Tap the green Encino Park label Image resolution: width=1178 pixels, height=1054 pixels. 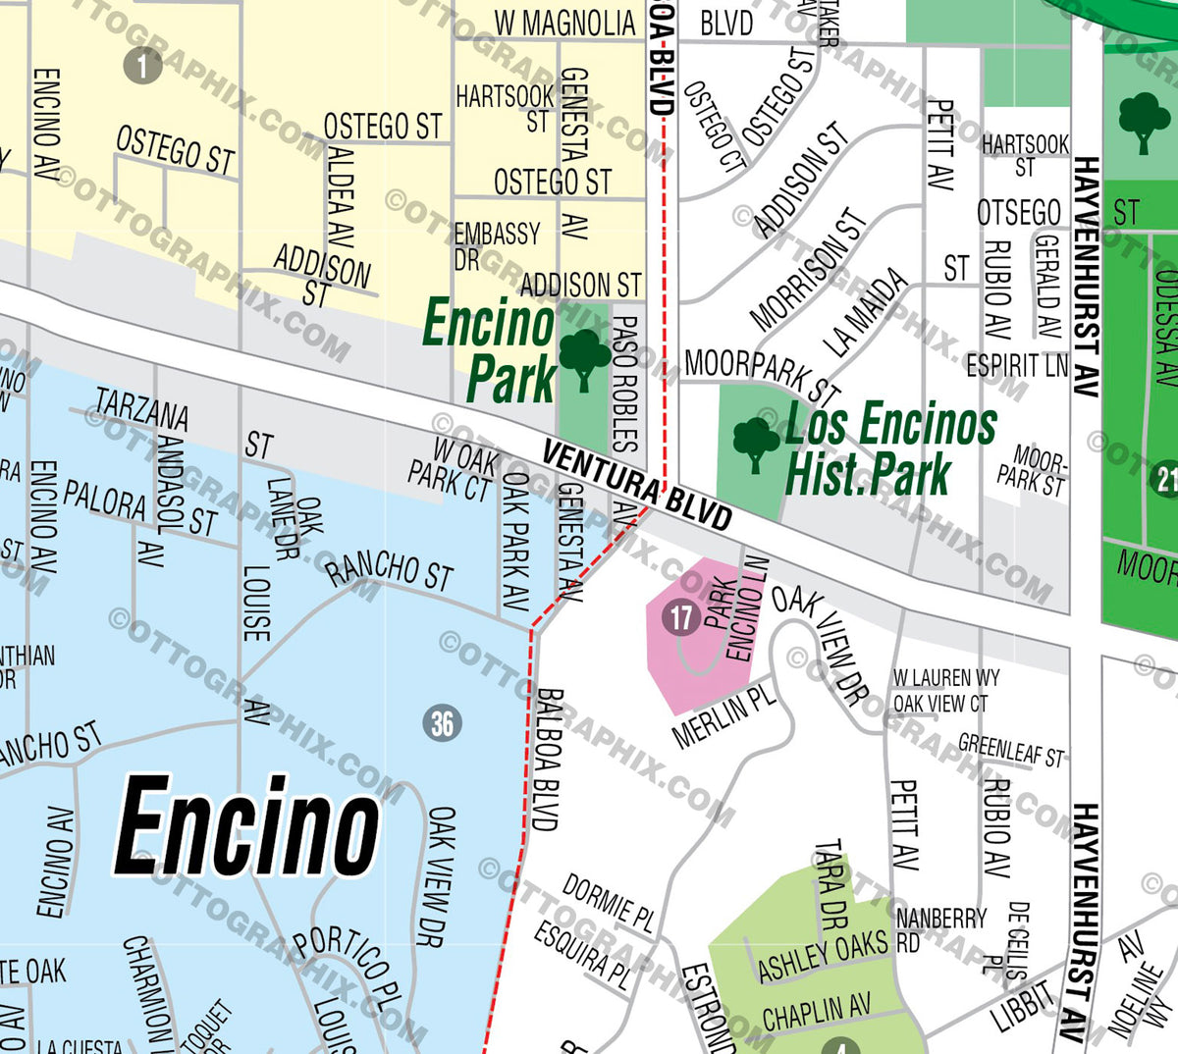(491, 350)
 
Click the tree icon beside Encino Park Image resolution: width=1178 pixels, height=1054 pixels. (584, 359)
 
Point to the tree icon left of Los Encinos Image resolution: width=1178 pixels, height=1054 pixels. (756, 444)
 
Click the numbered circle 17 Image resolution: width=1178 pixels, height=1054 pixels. (680, 617)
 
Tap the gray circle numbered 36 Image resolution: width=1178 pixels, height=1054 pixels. (442, 723)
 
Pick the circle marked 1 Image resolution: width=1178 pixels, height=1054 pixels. (142, 65)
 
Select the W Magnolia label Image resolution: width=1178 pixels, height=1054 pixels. (564, 23)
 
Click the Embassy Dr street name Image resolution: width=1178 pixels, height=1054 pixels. (496, 244)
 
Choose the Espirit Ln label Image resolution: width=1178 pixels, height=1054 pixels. (1016, 365)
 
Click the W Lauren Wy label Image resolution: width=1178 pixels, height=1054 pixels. (946, 677)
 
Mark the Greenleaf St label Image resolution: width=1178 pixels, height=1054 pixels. (1010, 750)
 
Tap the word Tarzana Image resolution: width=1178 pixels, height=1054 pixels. (142, 409)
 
